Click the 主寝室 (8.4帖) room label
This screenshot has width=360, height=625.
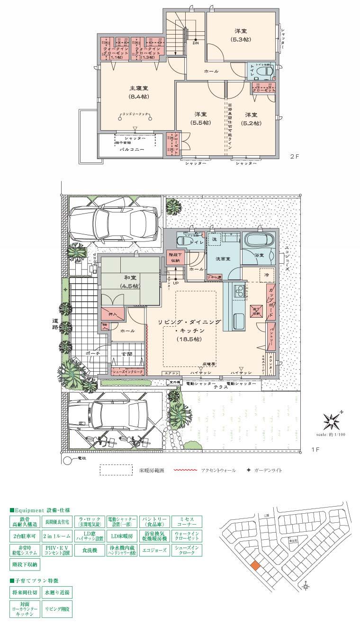(x=139, y=92)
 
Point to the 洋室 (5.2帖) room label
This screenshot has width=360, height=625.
(x=251, y=118)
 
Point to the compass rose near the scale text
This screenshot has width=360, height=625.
(x=333, y=420)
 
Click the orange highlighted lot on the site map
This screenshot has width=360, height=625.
(x=255, y=566)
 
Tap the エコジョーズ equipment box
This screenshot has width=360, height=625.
(x=154, y=550)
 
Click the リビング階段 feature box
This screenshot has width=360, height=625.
(x=57, y=609)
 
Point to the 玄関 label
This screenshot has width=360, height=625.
(x=127, y=354)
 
